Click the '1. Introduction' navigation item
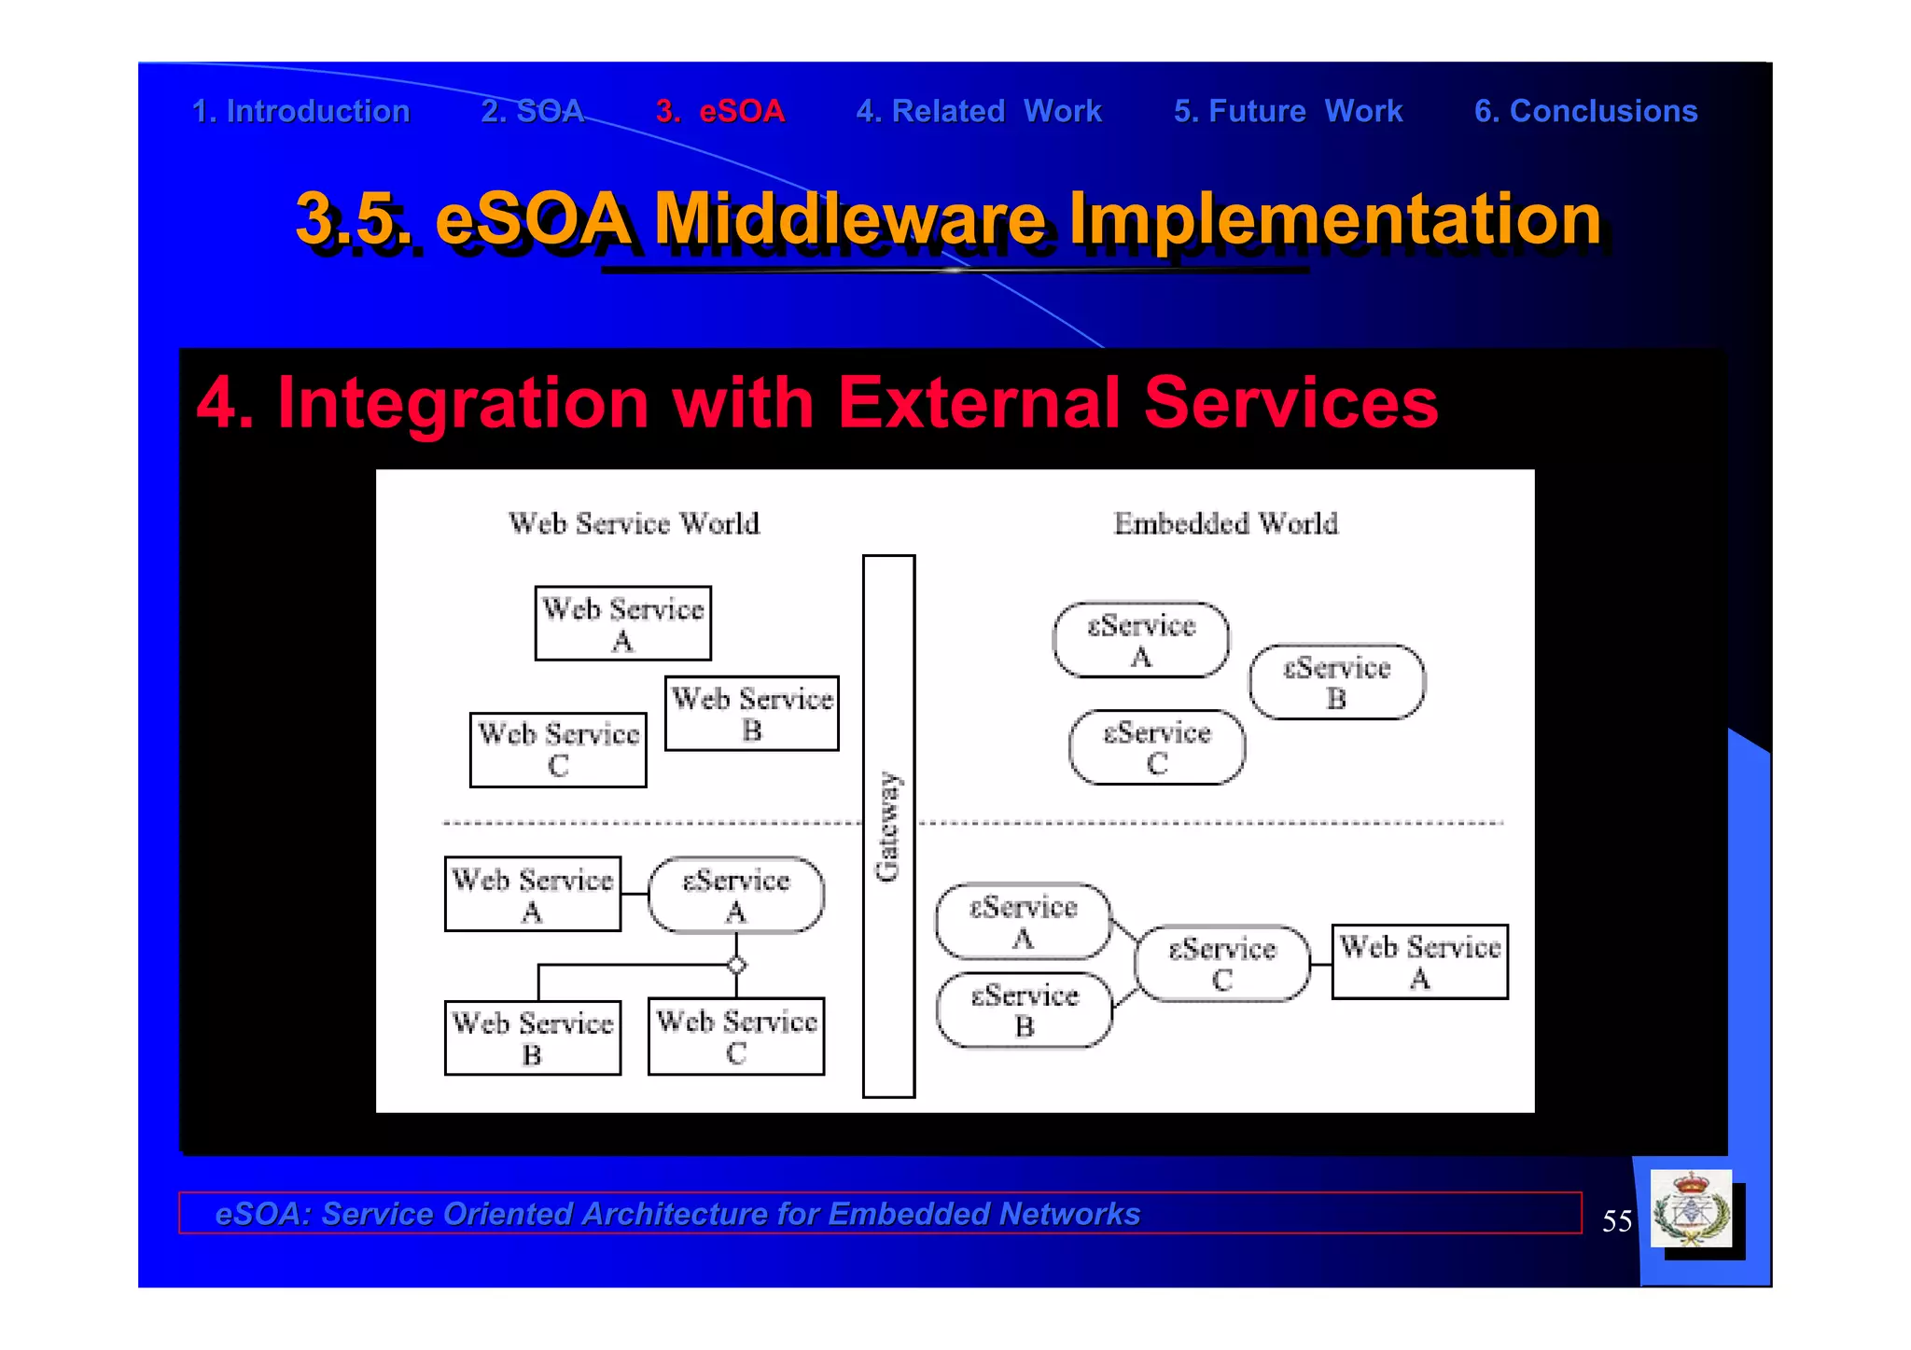click(300, 111)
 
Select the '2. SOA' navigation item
click(532, 111)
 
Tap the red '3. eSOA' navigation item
click(719, 111)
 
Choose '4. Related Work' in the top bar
click(979, 111)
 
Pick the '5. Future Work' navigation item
click(1288, 111)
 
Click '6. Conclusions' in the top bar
click(1585, 111)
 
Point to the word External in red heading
click(979, 402)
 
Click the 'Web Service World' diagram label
click(634, 523)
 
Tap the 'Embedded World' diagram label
click(1225, 523)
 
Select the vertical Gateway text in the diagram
click(887, 826)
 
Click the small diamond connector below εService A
click(736, 965)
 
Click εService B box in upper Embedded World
click(1336, 682)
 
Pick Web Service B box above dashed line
click(752, 714)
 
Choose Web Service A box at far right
click(1419, 962)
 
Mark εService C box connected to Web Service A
click(1222, 964)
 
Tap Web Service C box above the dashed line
click(558, 749)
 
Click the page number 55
click(1616, 1221)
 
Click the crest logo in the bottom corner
click(1691, 1209)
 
